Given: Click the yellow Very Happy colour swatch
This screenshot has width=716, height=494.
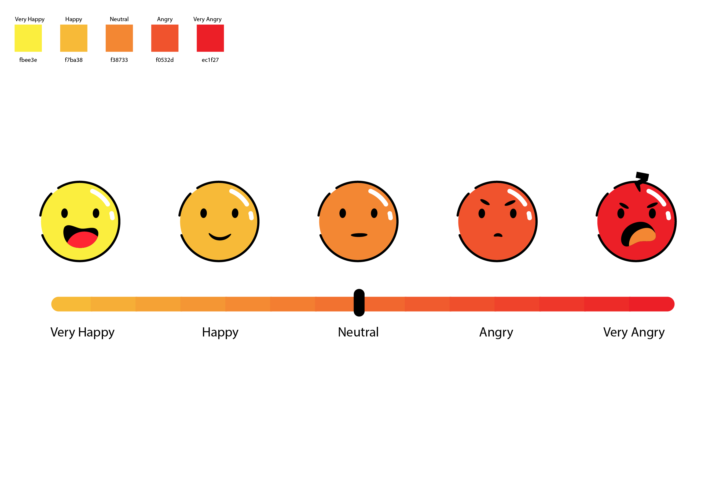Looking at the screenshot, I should tap(28, 38).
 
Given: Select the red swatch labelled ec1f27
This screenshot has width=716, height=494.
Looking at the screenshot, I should tap(210, 38).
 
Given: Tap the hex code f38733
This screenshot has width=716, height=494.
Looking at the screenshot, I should tap(119, 60).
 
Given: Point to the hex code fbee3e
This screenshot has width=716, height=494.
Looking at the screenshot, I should tap(28, 60).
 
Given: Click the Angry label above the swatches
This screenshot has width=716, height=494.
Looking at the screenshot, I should tap(165, 19).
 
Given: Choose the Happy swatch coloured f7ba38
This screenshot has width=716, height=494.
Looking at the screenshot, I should tap(74, 38).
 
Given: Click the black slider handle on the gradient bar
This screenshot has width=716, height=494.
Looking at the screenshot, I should tap(359, 303).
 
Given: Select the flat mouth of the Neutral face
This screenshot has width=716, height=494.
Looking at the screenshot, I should tap(359, 235).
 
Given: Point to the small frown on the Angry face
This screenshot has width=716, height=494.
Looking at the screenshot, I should tap(498, 235).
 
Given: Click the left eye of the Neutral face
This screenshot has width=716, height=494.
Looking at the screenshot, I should tap(343, 213).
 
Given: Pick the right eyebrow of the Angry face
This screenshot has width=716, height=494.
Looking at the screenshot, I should tap(510, 203).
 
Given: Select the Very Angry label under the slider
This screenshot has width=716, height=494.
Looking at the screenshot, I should tap(634, 332).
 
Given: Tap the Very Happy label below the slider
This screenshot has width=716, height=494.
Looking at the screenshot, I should tap(82, 332).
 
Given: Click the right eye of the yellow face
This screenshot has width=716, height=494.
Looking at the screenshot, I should tap(96, 213).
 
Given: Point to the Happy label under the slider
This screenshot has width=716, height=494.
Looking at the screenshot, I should tap(220, 332).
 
